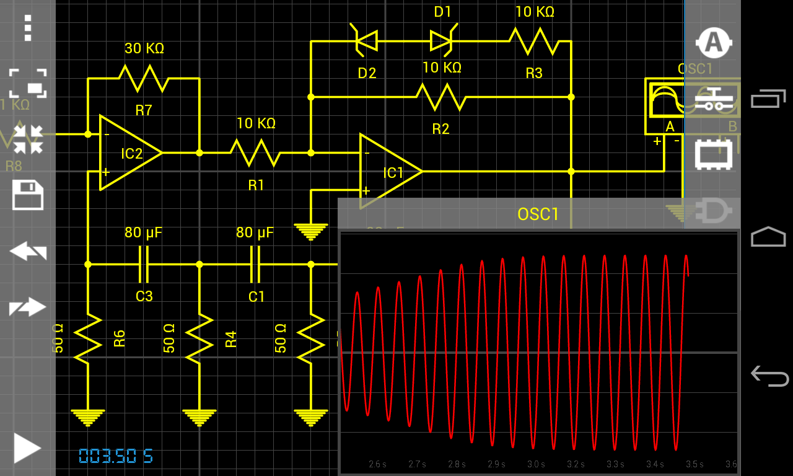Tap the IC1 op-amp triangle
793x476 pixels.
point(390,172)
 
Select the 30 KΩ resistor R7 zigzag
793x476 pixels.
point(144,79)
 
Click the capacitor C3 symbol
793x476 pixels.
point(144,264)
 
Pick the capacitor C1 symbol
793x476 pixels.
point(255,264)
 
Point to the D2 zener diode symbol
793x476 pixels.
point(366,41)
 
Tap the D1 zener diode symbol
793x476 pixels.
point(442,41)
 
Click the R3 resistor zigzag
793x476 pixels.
point(534,41)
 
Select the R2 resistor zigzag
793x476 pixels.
point(441,97)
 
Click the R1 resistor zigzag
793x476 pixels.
point(255,152)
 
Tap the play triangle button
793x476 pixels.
point(27,448)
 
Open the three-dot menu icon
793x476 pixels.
point(27,28)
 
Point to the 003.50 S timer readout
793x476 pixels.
point(116,457)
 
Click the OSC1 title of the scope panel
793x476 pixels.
point(538,214)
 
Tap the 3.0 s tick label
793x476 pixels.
point(536,464)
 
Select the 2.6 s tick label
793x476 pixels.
point(377,464)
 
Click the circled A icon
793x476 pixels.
point(714,42)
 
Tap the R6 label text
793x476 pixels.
point(120,338)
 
